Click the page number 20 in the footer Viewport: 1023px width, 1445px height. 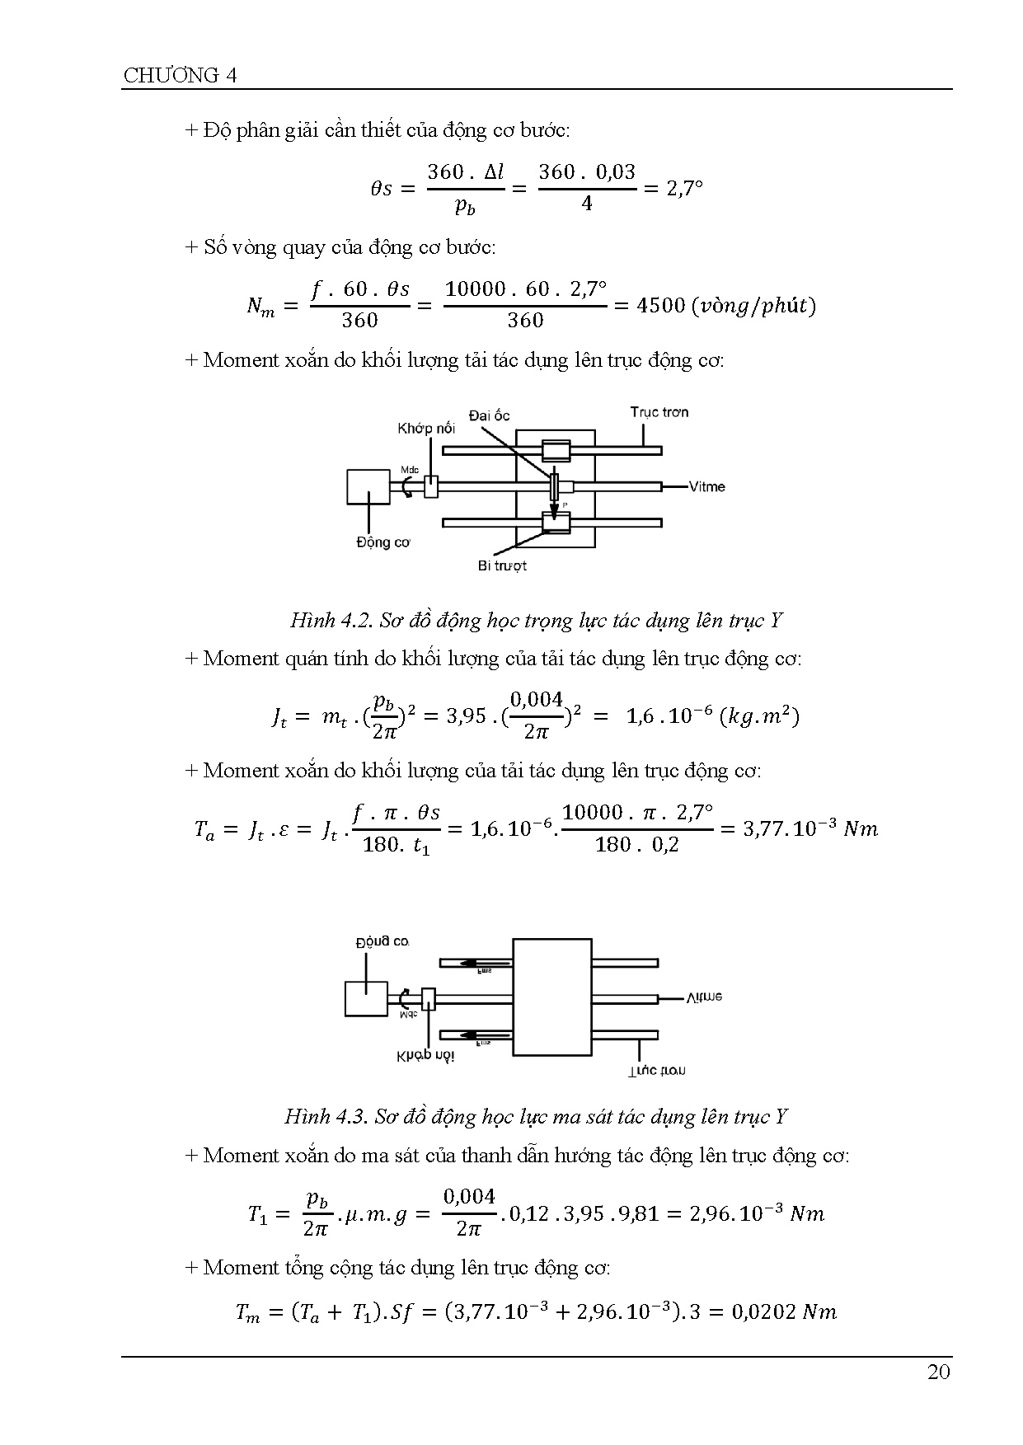point(938,1372)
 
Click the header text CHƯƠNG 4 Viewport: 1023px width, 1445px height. point(180,76)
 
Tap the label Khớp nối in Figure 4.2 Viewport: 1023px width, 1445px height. point(425,429)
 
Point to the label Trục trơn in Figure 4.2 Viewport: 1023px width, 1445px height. point(659,412)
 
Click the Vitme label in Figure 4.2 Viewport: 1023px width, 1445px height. point(707,486)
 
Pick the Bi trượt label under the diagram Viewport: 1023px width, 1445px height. point(501,565)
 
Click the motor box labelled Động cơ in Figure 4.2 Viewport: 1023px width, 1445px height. point(368,486)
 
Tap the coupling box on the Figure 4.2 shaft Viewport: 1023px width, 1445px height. point(430,486)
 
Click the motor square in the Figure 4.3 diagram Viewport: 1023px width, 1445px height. point(365,998)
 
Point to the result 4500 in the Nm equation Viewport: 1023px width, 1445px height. point(661,306)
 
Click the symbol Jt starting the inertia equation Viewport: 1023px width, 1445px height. point(279,717)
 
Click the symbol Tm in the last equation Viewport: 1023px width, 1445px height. point(247,1313)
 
